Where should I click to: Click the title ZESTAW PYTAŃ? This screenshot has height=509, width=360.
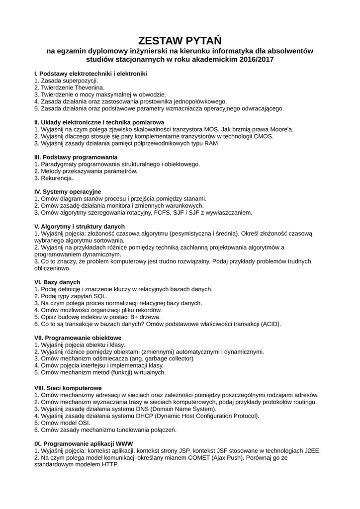pos(180,40)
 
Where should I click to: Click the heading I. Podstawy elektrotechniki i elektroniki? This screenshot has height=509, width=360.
pos(90,74)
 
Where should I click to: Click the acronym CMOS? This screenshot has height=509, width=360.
pos(264,136)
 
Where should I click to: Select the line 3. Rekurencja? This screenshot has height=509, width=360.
pos(54,178)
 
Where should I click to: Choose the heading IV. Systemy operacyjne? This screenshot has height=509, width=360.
pos(68,191)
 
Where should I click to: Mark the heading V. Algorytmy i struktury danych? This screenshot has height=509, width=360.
pos(80,226)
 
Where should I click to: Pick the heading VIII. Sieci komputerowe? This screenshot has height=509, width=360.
pos(68,388)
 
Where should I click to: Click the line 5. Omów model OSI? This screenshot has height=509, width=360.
pos(62,423)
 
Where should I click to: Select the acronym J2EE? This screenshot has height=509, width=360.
pos(311,450)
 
